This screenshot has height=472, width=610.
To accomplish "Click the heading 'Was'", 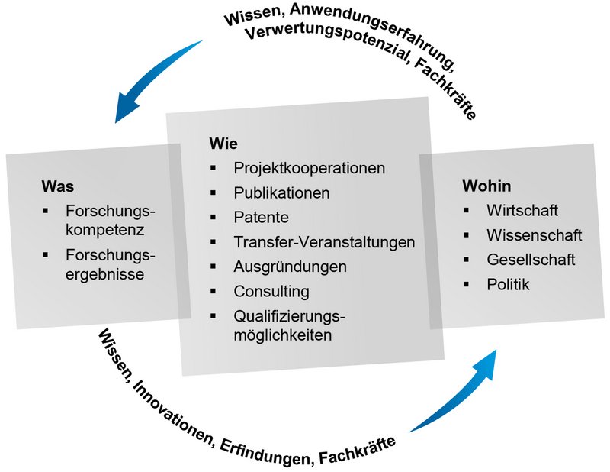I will (x=58, y=186).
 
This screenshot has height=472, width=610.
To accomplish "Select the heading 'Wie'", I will (x=223, y=144).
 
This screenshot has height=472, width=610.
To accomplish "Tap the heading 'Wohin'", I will (x=486, y=186).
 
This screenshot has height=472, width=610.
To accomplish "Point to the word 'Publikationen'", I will (x=281, y=192).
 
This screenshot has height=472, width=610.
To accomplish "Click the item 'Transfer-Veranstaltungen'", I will (x=324, y=242).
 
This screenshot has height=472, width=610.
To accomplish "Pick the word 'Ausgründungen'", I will (x=290, y=267).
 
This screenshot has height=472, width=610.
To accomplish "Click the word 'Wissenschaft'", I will (x=534, y=234).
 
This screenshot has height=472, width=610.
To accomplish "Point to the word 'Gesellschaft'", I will (x=530, y=260).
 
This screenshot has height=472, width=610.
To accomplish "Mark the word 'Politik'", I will (x=508, y=285).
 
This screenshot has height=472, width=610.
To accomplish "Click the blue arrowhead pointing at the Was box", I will (x=122, y=113).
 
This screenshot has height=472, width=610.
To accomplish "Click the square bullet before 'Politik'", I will (x=467, y=285).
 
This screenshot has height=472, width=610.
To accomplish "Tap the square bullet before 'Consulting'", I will (x=215, y=291).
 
